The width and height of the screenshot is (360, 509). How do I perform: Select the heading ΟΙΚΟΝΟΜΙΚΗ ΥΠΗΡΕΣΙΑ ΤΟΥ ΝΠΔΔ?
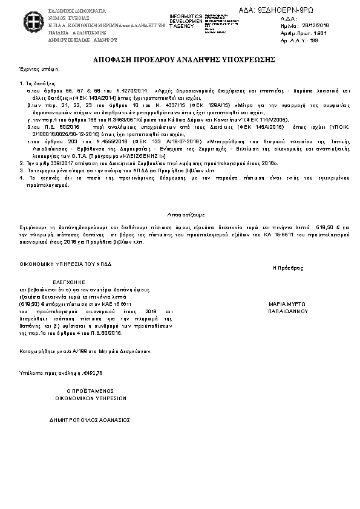[x=65, y=264]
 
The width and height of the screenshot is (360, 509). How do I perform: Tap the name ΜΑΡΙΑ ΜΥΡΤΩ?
[x=288, y=304]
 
